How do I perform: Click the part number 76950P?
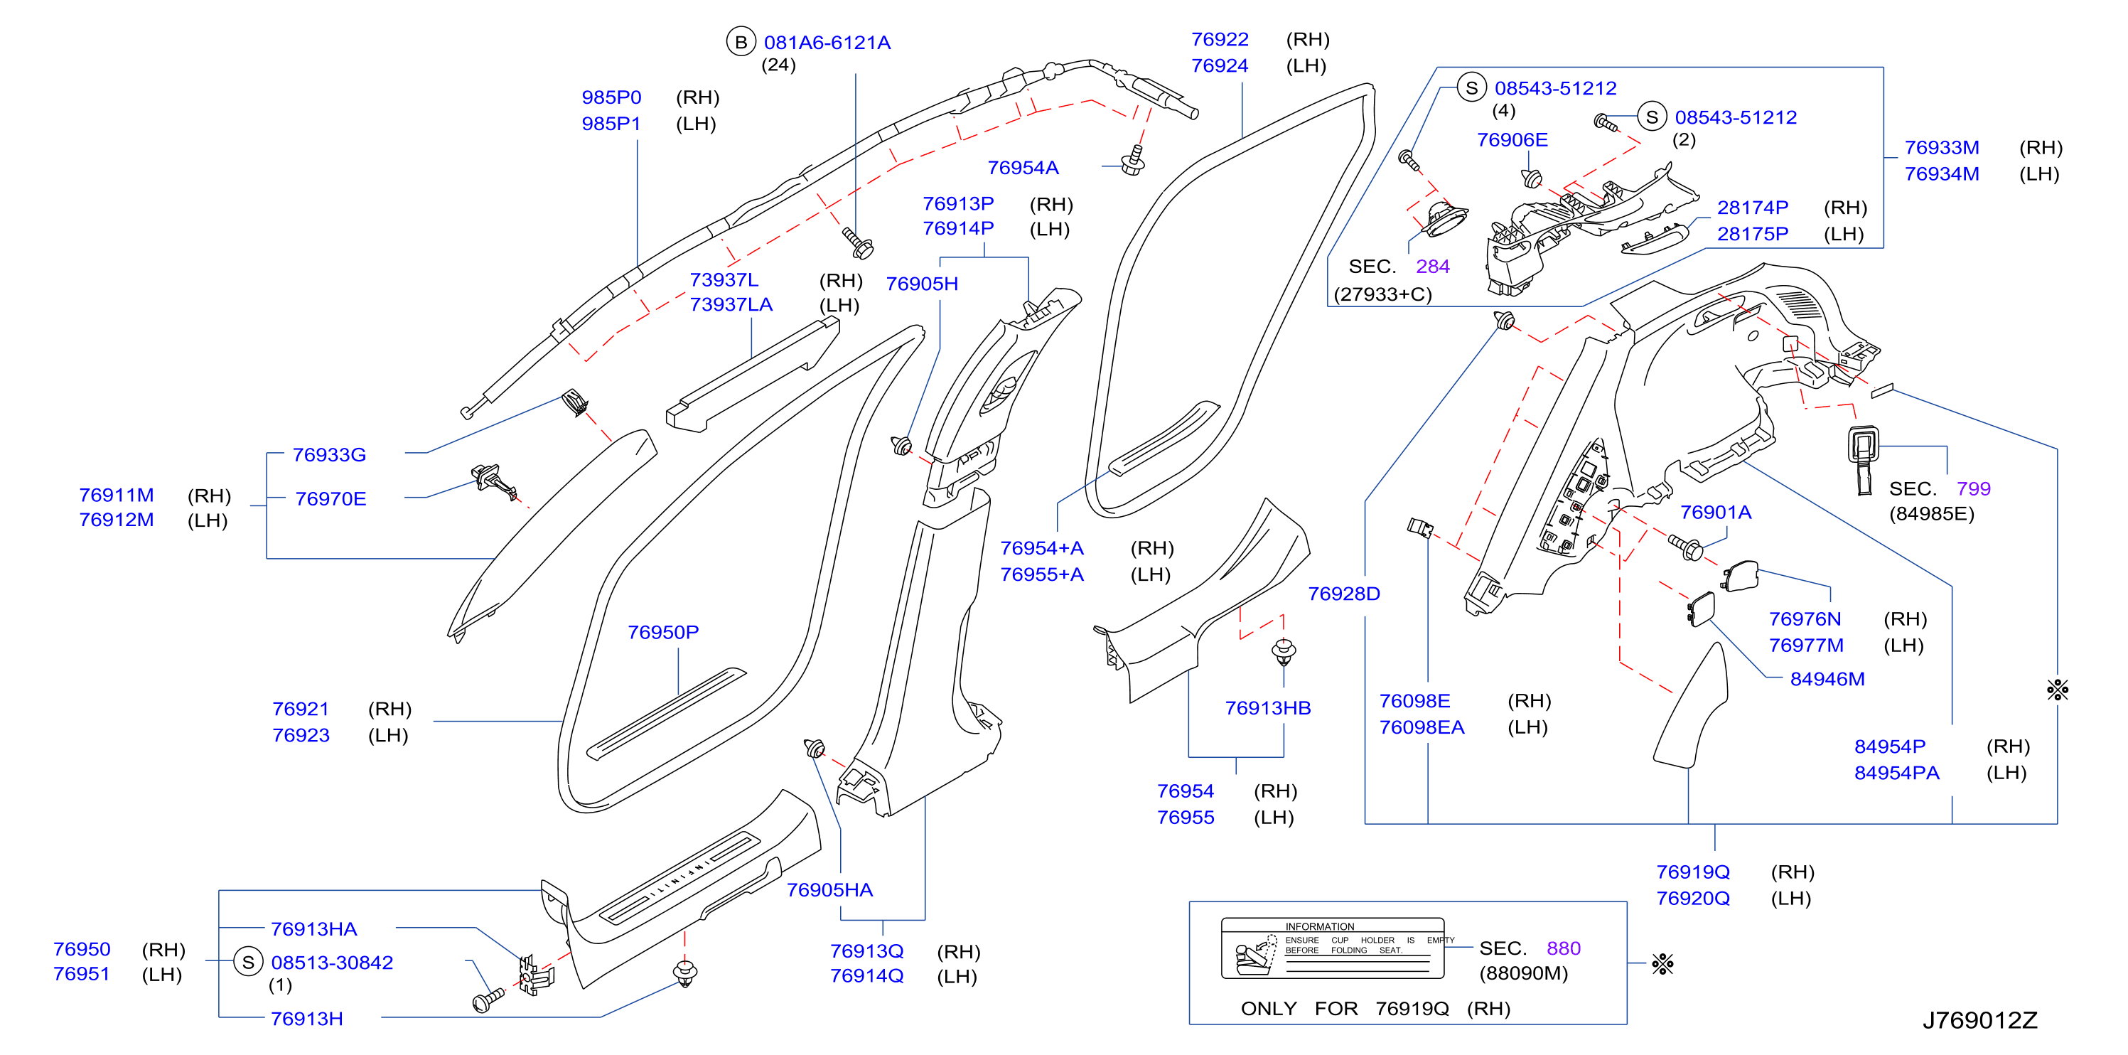662,632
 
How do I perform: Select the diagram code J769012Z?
1979,1020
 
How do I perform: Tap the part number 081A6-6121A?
827,42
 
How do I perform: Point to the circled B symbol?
741,42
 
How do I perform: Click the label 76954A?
1023,168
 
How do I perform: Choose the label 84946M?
1827,678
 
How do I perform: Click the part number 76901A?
1716,513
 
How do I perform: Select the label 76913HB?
1268,708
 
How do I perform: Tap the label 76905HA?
829,890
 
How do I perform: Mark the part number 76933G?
329,454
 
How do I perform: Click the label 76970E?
331,499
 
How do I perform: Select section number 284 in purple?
1432,266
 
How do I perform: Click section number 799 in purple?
1974,488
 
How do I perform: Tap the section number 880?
1563,948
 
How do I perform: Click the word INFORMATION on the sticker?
1319,927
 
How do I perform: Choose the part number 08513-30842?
332,963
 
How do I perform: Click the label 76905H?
922,284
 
